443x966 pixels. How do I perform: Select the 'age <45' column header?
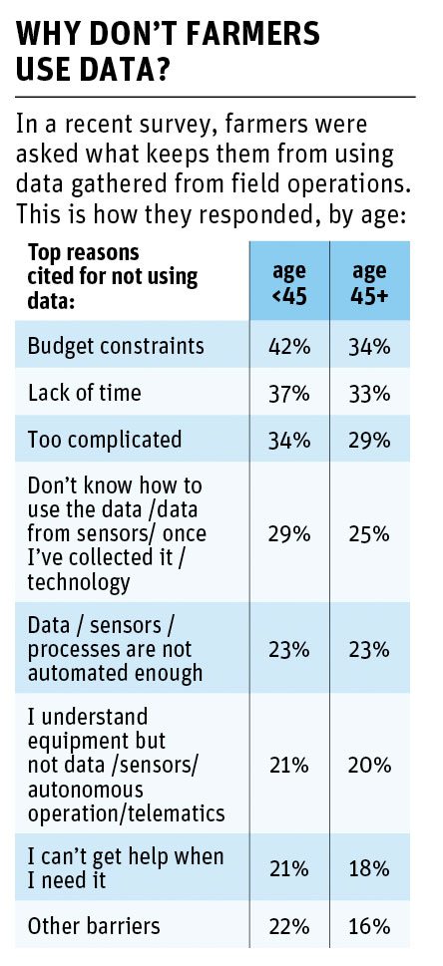(288, 282)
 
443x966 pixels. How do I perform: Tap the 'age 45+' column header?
(369, 282)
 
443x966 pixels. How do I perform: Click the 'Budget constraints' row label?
(116, 345)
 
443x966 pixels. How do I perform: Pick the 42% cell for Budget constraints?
(288, 346)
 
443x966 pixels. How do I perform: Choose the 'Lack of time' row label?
(84, 393)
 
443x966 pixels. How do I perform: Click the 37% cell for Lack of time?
(288, 394)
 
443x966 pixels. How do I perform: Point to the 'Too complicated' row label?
(105, 440)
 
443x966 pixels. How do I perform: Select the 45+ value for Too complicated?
(369, 441)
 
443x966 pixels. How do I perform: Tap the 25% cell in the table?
(369, 534)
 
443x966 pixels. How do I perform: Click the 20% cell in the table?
(369, 766)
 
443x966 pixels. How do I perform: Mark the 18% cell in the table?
(369, 868)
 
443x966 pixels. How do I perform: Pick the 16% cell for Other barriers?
(369, 926)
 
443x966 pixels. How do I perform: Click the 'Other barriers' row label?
(94, 925)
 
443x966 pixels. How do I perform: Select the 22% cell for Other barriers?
(288, 926)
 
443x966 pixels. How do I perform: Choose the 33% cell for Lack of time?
(369, 394)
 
